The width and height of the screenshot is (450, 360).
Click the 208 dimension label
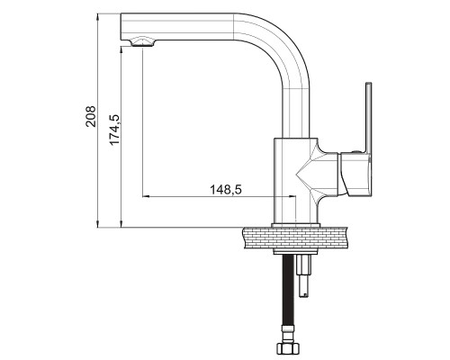pyautogui.click(x=91, y=116)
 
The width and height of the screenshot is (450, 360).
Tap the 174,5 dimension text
pyautogui.click(x=114, y=130)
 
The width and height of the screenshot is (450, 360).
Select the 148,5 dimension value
pyautogui.click(x=226, y=190)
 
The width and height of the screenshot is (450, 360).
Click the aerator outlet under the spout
pyautogui.click(x=143, y=42)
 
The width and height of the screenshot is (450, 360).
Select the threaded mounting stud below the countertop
pyautogui.click(x=304, y=275)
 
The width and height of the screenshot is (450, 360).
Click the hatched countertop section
pyautogui.click(x=296, y=238)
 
